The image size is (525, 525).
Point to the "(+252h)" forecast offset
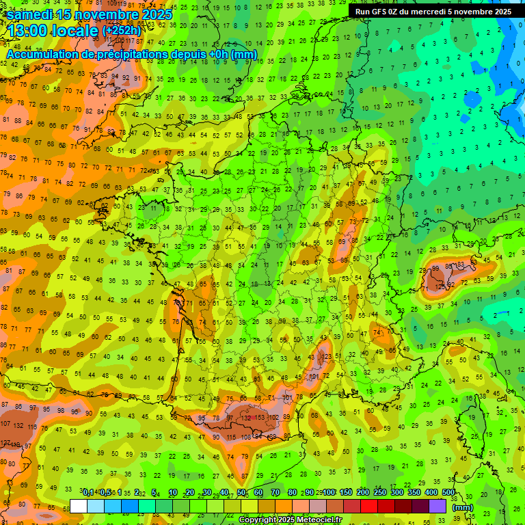pyautogui.click(x=121, y=31)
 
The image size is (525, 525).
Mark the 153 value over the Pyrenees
pyautogui.click(x=260, y=418)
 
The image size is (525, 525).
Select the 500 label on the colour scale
pyautogui.click(x=448, y=492)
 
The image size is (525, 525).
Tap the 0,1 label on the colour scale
pyautogui.click(x=87, y=492)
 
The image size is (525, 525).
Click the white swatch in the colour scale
pyautogui.click(x=78, y=506)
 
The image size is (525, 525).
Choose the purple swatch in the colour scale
pyautogui.click(x=437, y=506)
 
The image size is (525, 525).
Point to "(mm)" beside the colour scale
pyautogui.click(x=463, y=507)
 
